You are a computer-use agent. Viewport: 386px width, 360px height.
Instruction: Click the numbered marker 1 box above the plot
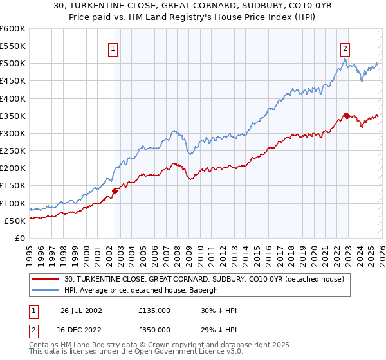tap(113, 47)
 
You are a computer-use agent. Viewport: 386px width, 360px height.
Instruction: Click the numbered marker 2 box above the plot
tap(345, 47)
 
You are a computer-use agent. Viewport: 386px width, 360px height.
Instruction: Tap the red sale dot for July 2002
tap(115, 191)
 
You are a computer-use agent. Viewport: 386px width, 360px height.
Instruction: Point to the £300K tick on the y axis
tap(13, 133)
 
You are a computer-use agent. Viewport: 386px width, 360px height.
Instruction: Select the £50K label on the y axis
tap(15, 221)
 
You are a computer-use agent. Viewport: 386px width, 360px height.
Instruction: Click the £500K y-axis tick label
tap(13, 64)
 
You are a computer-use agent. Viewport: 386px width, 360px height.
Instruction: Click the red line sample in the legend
tap(46, 279)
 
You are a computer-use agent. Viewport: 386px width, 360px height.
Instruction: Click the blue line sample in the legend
tap(46, 290)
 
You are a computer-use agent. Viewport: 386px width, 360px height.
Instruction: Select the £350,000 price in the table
tap(154, 329)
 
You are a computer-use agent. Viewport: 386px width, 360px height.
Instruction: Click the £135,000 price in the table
tap(154, 310)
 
